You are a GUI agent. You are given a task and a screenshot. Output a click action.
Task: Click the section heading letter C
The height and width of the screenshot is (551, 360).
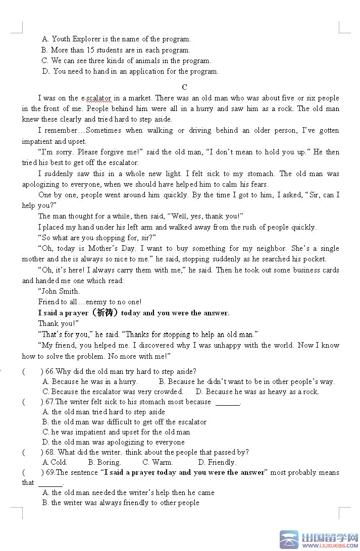click(x=184, y=87)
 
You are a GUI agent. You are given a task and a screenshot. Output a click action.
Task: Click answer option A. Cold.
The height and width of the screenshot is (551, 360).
click(x=55, y=462)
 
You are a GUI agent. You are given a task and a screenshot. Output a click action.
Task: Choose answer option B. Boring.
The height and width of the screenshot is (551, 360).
click(x=105, y=462)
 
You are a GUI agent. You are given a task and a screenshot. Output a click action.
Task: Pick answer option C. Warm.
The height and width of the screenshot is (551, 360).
click(x=158, y=462)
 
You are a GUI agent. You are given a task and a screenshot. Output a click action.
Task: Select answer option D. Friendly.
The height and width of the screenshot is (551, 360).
click(x=217, y=462)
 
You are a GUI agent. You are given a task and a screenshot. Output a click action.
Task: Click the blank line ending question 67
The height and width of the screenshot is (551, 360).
click(x=228, y=403)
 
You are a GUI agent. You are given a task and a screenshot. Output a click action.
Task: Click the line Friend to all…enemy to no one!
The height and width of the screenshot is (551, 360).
click(x=90, y=302)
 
